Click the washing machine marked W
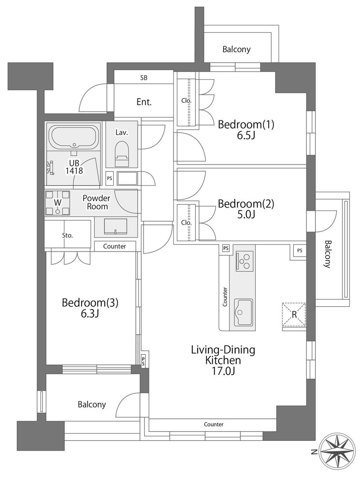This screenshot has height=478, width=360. pyautogui.click(x=58, y=203)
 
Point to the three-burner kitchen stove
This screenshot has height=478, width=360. pyautogui.click(x=244, y=261)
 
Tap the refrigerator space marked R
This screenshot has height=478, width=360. pyautogui.click(x=294, y=314)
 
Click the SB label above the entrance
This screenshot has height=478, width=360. pyautogui.click(x=144, y=77)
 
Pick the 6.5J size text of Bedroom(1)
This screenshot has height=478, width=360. pyautogui.click(x=246, y=135)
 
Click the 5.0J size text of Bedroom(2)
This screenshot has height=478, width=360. pyautogui.click(x=246, y=214)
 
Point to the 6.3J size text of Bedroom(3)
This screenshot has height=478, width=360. pyautogui.click(x=90, y=314)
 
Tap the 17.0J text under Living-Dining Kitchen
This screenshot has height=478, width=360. pyautogui.click(x=223, y=371)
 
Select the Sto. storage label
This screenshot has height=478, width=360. pyautogui.click(x=67, y=236)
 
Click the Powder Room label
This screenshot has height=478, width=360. pyautogui.click(x=96, y=202)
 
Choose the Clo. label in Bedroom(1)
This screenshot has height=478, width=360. pyautogui.click(x=186, y=100)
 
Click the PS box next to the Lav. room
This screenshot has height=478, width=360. pyautogui.click(x=109, y=178)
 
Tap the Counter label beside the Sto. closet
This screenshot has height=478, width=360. pyautogui.click(x=114, y=246)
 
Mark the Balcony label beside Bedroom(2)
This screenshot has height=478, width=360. pyautogui.click(x=328, y=254)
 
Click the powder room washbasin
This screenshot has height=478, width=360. pyautogui.click(x=116, y=227)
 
